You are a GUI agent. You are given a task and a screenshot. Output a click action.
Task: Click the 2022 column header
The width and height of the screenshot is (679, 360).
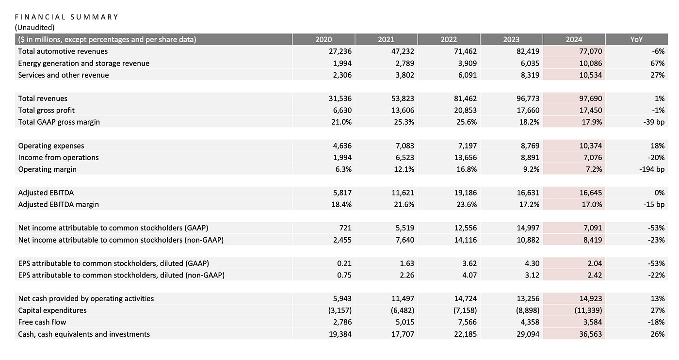(448, 39)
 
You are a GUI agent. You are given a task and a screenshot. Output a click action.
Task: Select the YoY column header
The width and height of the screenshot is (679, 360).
(636, 39)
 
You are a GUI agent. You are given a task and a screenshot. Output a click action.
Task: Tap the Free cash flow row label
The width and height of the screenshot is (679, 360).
(42, 322)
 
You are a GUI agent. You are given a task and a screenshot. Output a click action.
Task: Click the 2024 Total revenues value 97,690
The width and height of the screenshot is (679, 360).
(591, 98)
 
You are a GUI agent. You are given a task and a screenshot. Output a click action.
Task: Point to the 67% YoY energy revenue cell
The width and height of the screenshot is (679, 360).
(658, 64)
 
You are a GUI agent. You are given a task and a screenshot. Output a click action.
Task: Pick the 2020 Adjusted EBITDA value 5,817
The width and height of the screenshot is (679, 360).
(342, 193)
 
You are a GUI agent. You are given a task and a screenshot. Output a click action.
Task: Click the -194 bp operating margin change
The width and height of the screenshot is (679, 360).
(652, 169)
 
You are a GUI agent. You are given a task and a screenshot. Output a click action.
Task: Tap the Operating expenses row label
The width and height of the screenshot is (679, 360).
(51, 146)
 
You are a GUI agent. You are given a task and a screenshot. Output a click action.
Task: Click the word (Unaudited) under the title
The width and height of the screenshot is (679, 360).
(34, 28)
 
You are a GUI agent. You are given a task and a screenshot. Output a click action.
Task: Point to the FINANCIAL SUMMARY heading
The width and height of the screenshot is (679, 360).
(66, 17)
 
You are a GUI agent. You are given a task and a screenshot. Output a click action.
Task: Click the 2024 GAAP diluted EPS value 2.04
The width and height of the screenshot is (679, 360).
(595, 263)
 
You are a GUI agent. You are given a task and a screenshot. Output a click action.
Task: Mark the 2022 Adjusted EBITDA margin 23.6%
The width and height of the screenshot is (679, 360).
(467, 205)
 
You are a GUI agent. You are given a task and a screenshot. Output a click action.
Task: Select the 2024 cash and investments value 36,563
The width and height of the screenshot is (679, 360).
(591, 334)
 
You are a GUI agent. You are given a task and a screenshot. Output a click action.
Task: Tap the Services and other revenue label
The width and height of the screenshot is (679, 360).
(64, 75)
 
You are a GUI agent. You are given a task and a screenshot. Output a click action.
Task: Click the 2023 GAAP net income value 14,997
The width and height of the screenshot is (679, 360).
(528, 228)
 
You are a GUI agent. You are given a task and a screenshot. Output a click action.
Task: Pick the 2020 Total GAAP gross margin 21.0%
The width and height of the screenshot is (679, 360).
(341, 122)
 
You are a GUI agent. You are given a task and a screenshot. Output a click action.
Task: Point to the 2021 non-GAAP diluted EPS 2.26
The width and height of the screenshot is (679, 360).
(407, 276)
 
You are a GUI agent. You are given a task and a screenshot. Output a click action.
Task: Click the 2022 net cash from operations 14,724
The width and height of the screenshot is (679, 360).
(465, 299)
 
